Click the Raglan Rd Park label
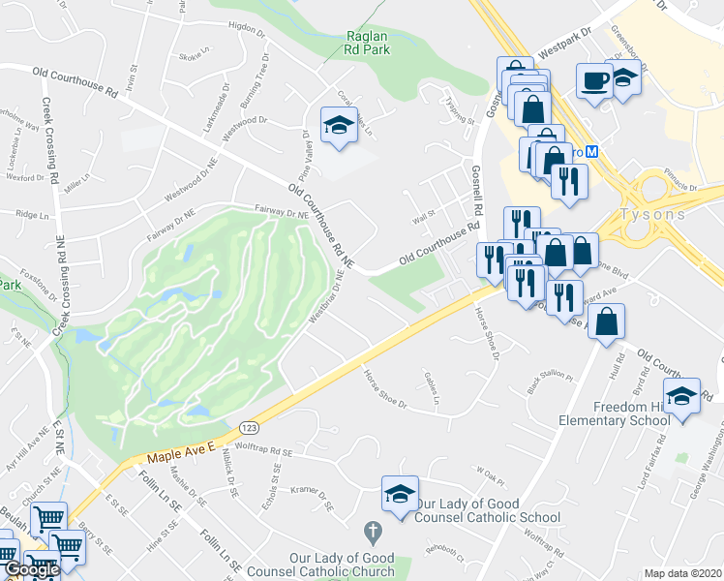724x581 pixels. coord(368,46)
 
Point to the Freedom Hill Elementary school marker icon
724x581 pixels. coord(682,395)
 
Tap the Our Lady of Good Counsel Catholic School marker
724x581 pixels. coord(399,494)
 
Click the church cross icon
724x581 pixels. coord(369,532)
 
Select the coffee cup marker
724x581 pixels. coord(593,79)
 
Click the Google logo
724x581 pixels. coord(31,569)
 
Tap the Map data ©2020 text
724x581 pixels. coord(683,573)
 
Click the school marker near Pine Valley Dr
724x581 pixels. coord(339,125)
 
